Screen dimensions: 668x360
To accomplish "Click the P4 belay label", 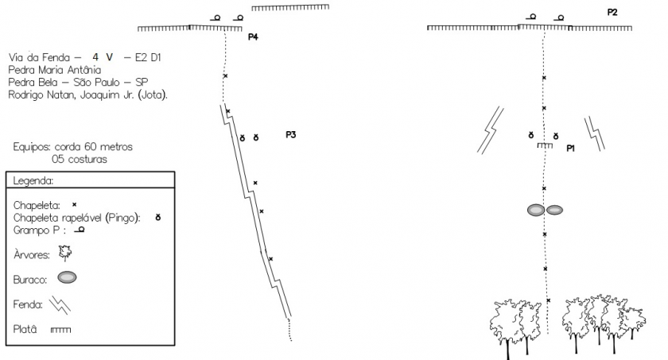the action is coord(253,37).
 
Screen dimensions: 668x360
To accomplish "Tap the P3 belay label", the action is coord(290,135).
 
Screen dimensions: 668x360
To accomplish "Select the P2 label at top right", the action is coord(612,13).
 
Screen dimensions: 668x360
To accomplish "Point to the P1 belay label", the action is coord(570,148).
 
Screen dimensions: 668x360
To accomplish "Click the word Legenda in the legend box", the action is coord(33,181).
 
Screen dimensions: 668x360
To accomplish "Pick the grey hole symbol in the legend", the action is coord(67,277).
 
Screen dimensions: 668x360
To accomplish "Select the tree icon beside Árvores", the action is coord(65,254).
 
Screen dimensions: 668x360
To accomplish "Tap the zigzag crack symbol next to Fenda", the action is coord(60,305).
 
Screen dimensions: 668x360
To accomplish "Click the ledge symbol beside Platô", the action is coord(61,330).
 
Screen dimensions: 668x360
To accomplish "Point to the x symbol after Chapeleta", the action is coord(74,205).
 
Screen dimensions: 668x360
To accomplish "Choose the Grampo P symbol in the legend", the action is coord(80,230).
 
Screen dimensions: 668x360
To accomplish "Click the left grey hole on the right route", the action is coord(536,210).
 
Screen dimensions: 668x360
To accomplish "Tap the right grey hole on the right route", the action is coord(555,210).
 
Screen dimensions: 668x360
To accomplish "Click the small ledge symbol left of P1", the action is coord(545,145).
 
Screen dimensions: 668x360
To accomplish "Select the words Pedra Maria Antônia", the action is coord(55,70).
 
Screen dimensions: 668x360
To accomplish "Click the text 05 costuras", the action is coord(80,159).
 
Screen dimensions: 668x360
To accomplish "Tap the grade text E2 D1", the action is coord(148,57).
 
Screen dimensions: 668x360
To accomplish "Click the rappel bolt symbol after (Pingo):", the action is coord(158,218).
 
